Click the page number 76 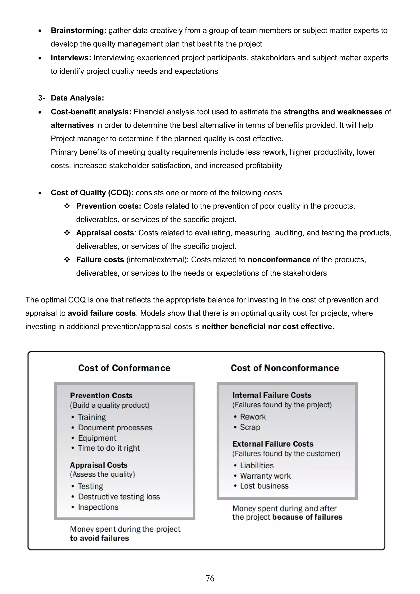point(210,578)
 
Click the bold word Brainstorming point(78,31)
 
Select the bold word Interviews point(71,58)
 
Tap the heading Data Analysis point(77,98)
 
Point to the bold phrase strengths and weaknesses point(333,112)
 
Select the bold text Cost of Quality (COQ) point(92,193)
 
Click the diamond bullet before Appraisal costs point(67,233)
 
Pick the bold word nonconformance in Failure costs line point(279,260)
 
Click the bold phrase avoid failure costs point(102,313)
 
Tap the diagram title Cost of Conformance point(124,368)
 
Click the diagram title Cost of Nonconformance point(285,368)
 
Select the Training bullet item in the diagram point(92,417)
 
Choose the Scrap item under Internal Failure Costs point(250,427)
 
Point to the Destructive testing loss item point(119,497)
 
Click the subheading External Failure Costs point(273,444)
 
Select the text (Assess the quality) point(103,474)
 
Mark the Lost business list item point(264,486)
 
